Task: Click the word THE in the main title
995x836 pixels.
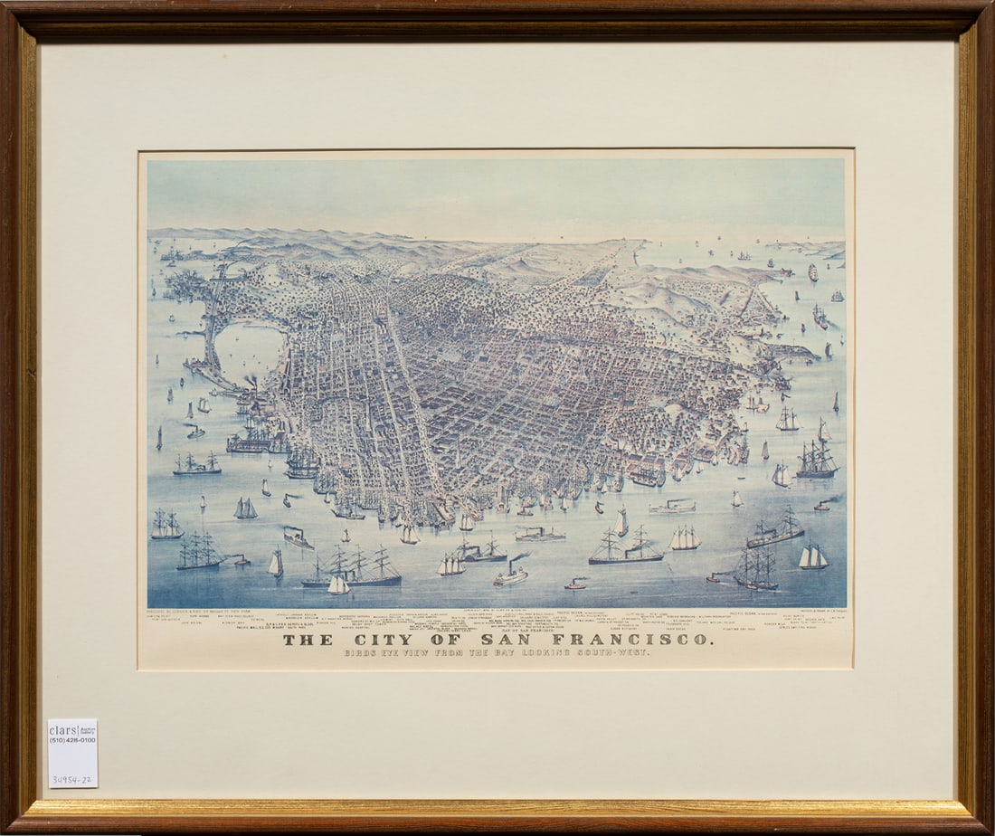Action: (301, 640)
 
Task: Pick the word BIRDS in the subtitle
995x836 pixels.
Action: (362, 653)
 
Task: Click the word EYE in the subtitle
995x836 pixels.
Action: (400, 653)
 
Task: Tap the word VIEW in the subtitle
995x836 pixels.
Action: (433, 653)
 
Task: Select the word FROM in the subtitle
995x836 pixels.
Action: (471, 653)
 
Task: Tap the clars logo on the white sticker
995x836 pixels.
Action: (63, 730)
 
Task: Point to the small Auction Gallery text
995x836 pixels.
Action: (87, 729)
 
